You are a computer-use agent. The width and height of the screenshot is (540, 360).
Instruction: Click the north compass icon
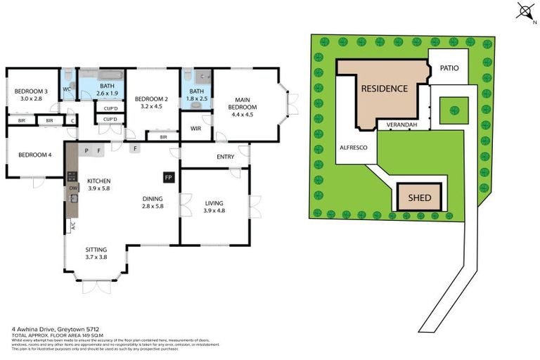click(524, 11)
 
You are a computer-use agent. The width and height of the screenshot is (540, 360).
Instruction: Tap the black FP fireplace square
click(168, 178)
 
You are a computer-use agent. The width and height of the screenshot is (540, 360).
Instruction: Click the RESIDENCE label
click(384, 89)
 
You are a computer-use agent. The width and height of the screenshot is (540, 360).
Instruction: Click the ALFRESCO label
click(351, 149)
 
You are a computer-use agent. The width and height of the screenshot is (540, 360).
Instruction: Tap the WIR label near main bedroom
click(195, 129)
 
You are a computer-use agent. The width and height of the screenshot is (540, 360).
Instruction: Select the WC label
click(67, 89)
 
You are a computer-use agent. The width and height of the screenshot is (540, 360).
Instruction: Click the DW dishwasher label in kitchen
click(72, 189)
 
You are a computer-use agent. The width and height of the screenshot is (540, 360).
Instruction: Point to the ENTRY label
click(226, 156)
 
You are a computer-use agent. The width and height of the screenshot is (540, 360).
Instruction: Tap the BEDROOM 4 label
click(34, 155)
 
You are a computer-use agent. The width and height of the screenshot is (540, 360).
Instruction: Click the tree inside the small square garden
click(454, 110)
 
